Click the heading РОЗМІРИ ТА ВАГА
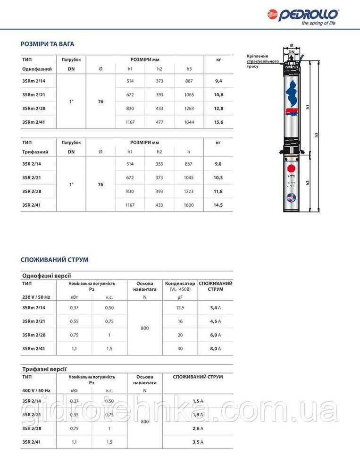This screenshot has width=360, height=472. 47,44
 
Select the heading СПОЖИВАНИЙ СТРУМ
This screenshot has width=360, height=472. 54,260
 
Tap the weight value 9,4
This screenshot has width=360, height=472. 218,81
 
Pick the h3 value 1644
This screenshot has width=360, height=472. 189,122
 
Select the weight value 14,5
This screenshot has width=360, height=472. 218,205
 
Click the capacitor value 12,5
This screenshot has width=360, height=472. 180,307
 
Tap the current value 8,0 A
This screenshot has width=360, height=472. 215,348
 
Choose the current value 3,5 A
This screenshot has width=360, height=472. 198,442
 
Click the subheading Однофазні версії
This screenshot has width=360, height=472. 47,276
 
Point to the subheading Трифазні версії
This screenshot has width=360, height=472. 44,369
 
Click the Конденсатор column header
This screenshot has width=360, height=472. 180,284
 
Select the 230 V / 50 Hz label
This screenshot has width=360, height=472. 36,297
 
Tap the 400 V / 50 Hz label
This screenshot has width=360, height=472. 36,391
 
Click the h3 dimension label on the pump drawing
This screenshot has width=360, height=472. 318,135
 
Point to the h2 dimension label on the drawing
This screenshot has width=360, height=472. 308,182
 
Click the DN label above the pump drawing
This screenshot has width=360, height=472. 292,52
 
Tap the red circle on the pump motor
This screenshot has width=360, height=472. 291,169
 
